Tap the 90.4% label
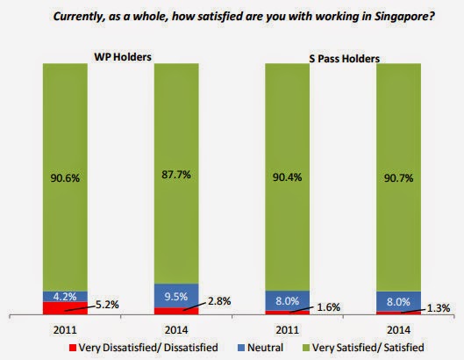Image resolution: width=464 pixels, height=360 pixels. point(285,179)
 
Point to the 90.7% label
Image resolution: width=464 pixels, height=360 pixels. point(395,179)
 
